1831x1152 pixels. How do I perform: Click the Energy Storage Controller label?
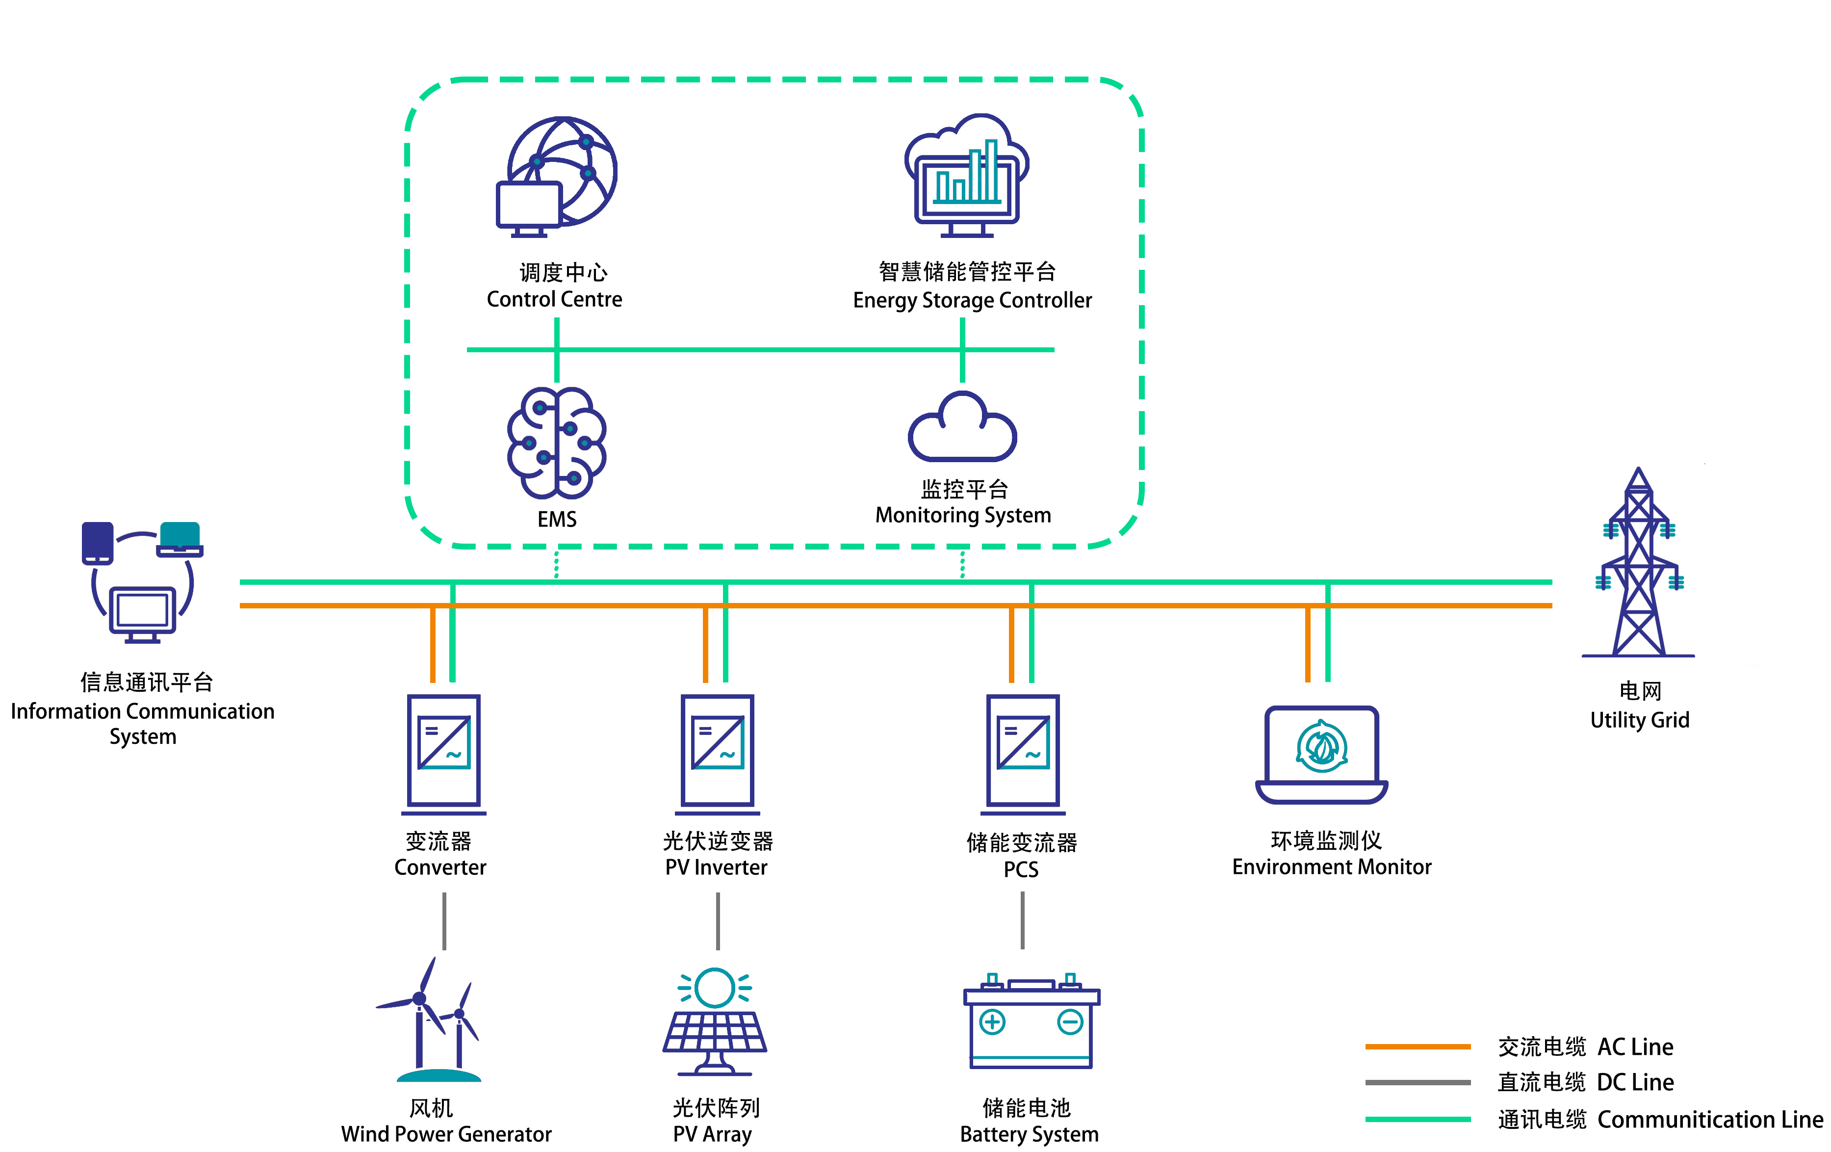(x=972, y=300)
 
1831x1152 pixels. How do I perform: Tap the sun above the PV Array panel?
(x=714, y=987)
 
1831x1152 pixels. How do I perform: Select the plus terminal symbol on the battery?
(x=992, y=1021)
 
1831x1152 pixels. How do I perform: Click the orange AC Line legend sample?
(x=1418, y=1047)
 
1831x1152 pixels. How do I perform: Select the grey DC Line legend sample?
(x=1418, y=1082)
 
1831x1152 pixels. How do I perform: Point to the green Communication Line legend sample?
(x=1418, y=1119)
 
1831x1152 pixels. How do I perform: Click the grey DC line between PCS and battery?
(x=1022, y=920)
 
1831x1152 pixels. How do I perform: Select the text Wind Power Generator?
(x=446, y=1134)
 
